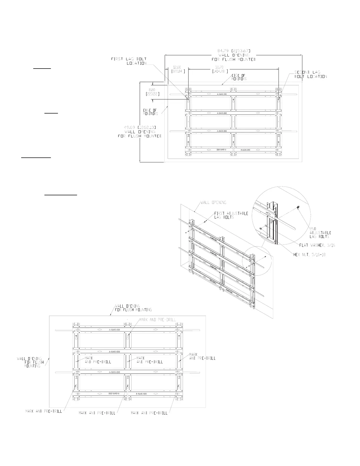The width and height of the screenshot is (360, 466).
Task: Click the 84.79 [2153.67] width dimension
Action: click(234, 51)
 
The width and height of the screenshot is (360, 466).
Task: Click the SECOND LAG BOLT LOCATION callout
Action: click(311, 74)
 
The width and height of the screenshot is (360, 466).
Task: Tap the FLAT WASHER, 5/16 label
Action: click(317, 245)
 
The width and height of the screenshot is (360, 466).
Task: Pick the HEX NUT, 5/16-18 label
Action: click(309, 254)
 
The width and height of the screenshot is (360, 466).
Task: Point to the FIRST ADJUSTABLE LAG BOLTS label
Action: click(231, 215)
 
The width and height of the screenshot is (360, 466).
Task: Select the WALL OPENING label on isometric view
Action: click(213, 202)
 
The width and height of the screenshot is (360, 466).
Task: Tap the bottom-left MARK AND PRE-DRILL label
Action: click(44, 411)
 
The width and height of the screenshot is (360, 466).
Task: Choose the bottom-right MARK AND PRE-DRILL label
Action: click(149, 413)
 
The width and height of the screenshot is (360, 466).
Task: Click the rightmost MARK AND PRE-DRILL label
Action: click(202, 356)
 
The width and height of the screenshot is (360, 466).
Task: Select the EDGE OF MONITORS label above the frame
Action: click(239, 77)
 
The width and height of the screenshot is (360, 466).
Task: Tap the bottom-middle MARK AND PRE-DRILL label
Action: click(97, 413)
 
